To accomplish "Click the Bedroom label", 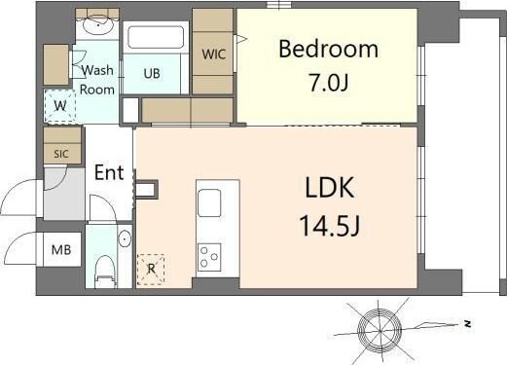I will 328,49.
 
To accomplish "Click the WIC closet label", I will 214,55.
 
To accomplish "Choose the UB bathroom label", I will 154,73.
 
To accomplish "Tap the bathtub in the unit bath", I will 157,39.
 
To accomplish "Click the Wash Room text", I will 97,80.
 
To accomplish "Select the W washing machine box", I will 60,105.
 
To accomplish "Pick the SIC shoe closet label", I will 59,152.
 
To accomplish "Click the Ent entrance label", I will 109,173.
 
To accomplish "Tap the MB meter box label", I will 59,249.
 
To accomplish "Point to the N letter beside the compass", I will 468,321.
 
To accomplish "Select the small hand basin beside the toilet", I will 125,238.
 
